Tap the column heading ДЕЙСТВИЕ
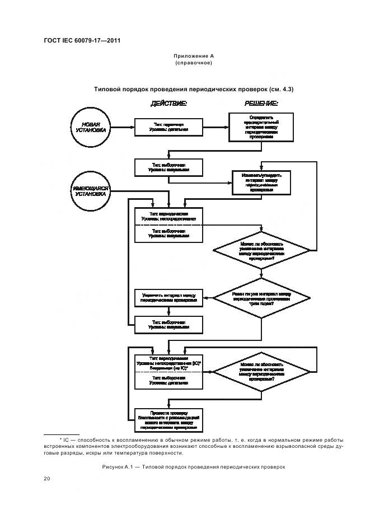pos(168,104)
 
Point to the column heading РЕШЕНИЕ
pos(261,104)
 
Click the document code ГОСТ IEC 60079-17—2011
pos(82,41)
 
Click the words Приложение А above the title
pos(194,56)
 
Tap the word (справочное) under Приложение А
pos(194,63)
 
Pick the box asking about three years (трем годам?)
pos(261,298)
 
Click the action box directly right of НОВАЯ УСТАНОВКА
pos(168,127)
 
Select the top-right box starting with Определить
pos(261,127)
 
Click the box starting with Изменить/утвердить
pos(261,183)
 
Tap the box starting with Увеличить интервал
pos(168,298)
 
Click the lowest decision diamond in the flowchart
pos(261,372)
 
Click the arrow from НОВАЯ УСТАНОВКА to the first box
pos(121,127)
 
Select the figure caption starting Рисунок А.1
pos(194,466)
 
